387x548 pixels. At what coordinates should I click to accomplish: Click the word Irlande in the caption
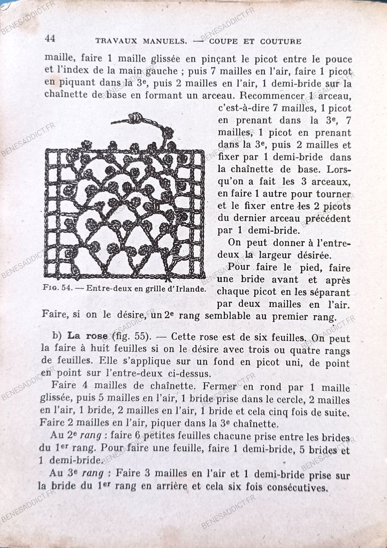[x=188, y=289]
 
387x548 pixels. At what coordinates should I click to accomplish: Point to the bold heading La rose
[x=88, y=337]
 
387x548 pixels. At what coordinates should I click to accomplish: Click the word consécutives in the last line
[x=296, y=488]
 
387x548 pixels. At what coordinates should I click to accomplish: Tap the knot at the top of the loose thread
[x=136, y=117]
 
